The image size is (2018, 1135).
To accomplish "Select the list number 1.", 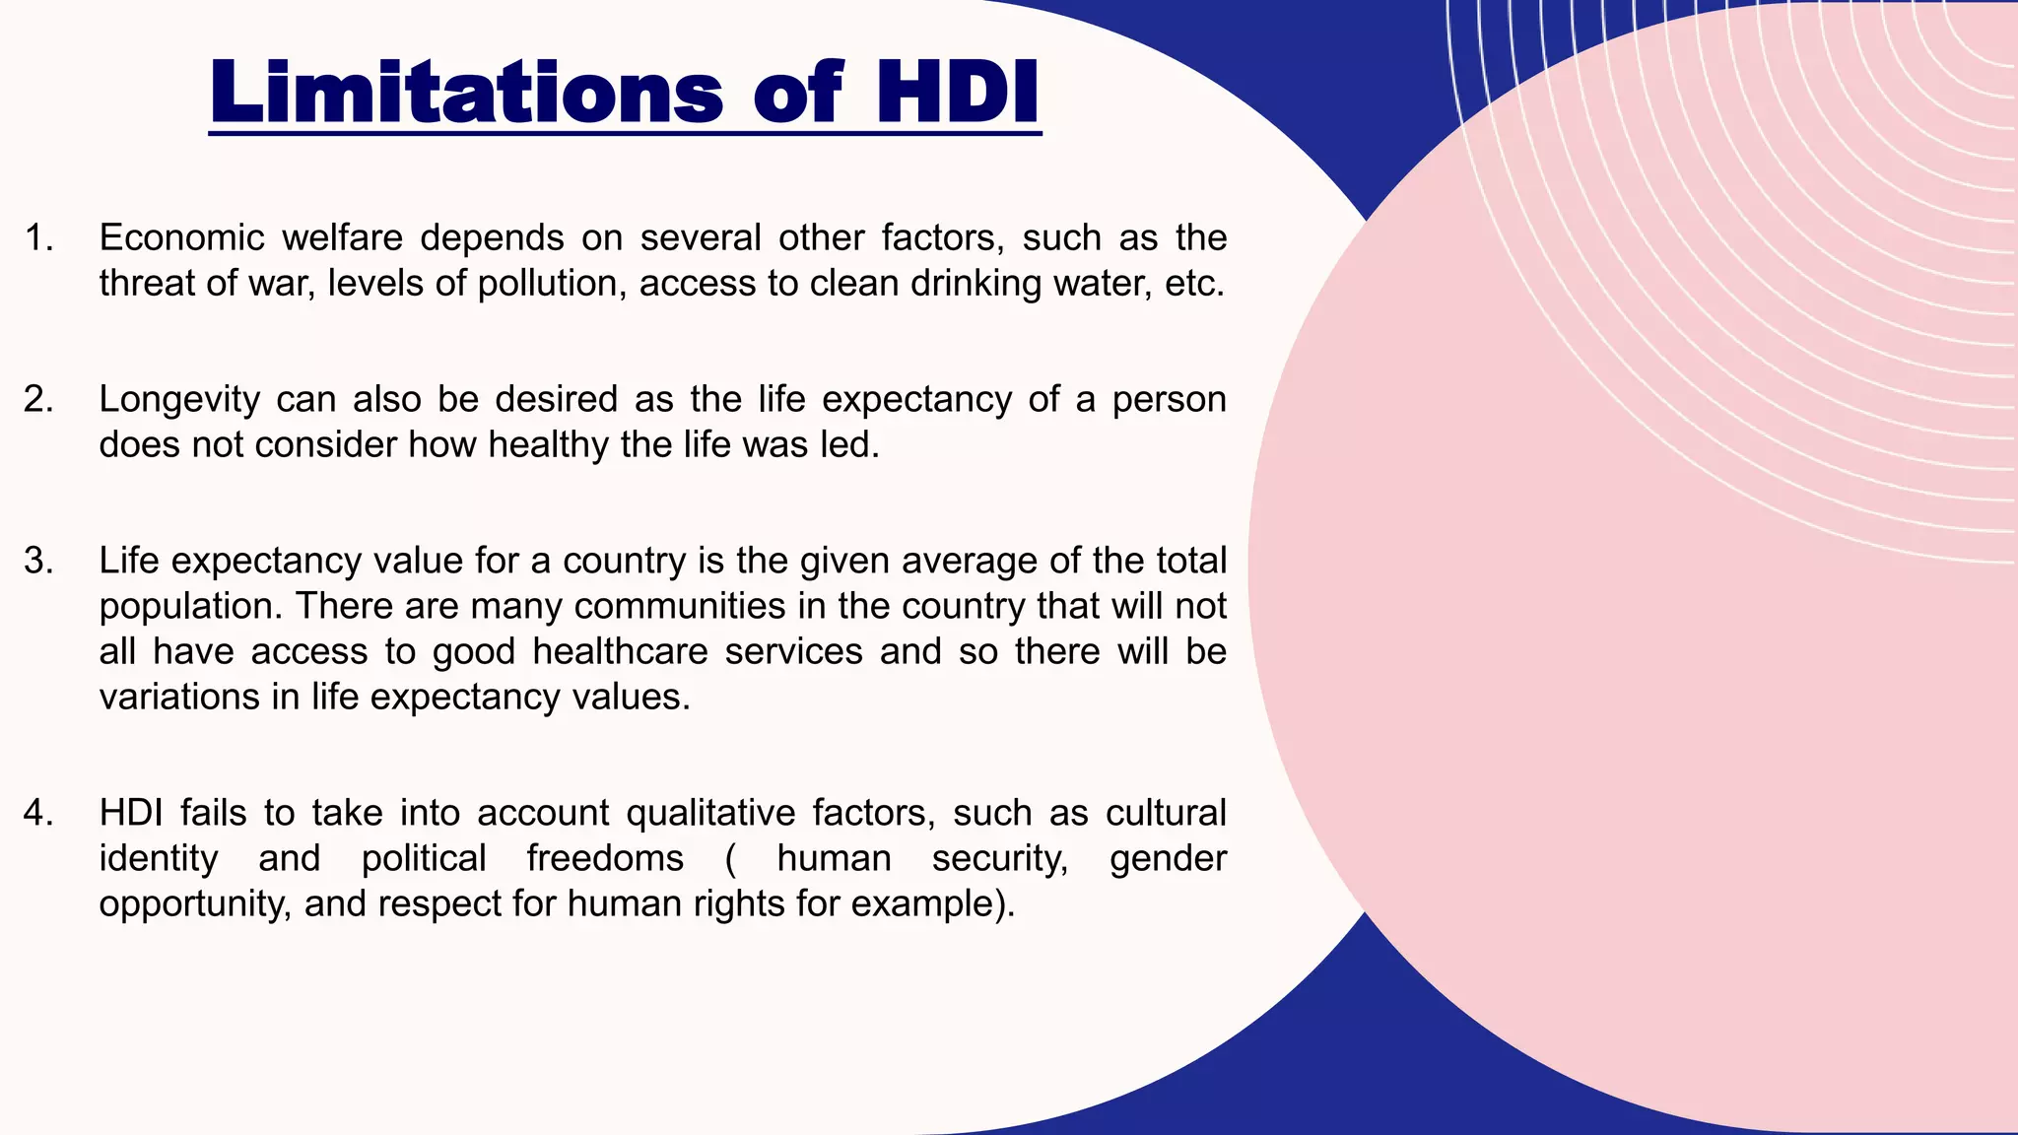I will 38,238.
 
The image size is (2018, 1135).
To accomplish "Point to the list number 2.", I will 38,400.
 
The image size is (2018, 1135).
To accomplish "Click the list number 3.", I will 38,562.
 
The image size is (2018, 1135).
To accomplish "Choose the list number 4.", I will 38,814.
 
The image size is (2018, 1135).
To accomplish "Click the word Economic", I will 181,238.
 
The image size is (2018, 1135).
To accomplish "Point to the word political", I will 424,859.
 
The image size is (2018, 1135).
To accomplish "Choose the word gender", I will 1168,859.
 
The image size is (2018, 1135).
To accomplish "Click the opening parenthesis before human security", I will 730,859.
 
